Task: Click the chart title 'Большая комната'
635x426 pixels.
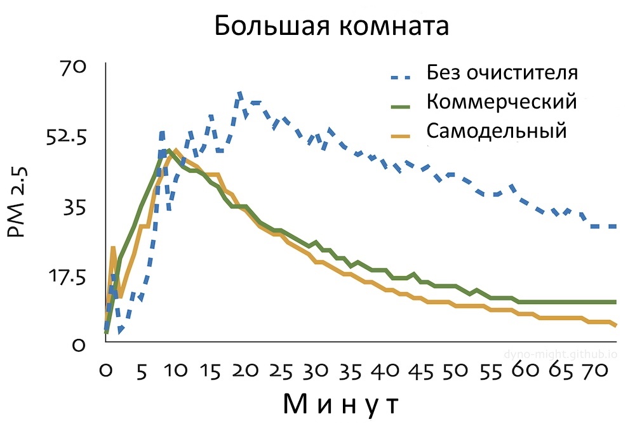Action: click(331, 27)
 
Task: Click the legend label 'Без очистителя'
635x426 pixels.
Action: click(502, 72)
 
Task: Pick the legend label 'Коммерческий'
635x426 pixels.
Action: click(502, 102)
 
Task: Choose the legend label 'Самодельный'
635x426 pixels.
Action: click(496, 131)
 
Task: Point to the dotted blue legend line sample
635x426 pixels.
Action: click(404, 77)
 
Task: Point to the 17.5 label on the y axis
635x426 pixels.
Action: click(69, 277)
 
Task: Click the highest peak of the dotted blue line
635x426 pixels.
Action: click(240, 93)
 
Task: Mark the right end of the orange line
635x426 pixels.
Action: click(616, 326)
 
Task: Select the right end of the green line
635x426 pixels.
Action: click(616, 302)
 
